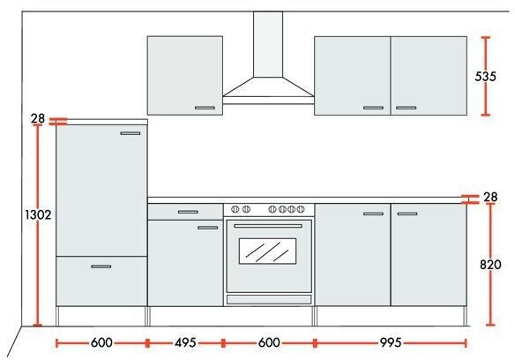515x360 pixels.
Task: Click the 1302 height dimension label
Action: point(39,214)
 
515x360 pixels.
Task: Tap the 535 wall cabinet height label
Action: point(485,76)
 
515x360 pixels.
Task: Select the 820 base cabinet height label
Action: point(490,265)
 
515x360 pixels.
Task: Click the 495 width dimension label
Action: point(185,343)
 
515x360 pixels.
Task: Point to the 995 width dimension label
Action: point(391,343)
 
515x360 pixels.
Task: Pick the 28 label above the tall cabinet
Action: point(38,118)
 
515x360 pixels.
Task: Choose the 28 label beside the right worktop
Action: point(490,197)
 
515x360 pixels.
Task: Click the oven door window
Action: point(268,251)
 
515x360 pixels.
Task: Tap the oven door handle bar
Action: point(268,226)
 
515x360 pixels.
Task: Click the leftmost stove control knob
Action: point(235,209)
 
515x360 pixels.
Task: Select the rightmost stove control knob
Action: point(301,209)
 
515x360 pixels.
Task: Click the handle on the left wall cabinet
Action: point(205,108)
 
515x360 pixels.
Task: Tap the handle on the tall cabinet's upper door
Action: point(131,133)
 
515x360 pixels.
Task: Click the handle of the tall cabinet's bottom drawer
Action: point(101,266)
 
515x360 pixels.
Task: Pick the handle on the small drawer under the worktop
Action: point(188,212)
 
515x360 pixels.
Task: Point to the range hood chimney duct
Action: point(268,44)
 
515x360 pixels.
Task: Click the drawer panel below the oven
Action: point(269,299)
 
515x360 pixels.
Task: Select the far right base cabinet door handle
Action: point(407,214)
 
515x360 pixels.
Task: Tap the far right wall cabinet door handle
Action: point(406,108)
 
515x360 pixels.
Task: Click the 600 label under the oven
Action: point(269,343)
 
